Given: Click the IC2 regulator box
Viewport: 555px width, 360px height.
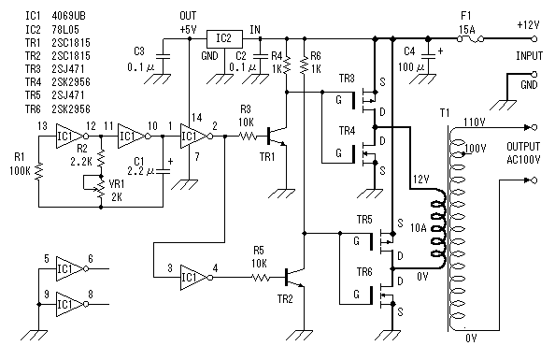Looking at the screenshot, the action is (x=224, y=38).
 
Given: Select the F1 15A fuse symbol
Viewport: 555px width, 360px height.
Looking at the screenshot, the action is (x=471, y=38).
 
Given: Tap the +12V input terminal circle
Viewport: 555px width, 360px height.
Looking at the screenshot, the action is (x=534, y=38).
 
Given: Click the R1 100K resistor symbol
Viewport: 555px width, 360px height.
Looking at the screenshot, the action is (x=39, y=171).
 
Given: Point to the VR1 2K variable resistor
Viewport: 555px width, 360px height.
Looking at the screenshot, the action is (x=101, y=189).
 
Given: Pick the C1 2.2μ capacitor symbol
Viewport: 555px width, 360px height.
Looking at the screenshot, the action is (x=163, y=171).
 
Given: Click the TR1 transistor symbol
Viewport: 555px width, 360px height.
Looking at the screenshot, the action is (x=276, y=137).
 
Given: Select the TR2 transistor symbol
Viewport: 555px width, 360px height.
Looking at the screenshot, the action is (x=293, y=278).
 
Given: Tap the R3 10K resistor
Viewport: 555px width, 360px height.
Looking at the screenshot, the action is (x=249, y=137).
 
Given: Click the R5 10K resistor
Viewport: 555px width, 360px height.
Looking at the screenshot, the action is (x=262, y=278).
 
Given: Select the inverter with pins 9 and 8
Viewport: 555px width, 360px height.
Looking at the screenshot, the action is (x=72, y=304).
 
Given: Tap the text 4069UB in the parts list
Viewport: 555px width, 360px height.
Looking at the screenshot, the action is (x=68, y=16).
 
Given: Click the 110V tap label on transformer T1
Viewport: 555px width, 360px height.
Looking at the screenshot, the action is (x=475, y=122).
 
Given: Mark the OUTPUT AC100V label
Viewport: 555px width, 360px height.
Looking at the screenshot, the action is (x=523, y=153).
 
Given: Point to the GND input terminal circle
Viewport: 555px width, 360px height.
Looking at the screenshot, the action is (x=534, y=74).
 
